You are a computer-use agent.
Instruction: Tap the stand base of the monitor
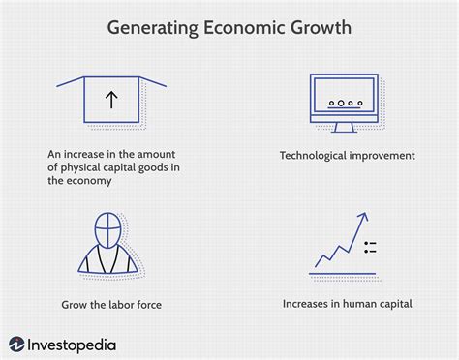click(345, 131)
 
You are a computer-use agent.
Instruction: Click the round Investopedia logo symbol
click(17, 343)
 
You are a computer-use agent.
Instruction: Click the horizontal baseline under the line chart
click(344, 273)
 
